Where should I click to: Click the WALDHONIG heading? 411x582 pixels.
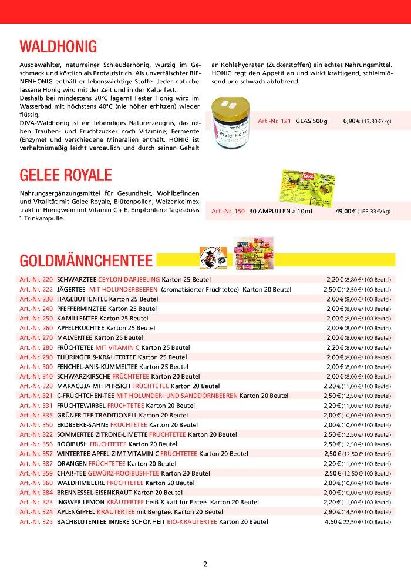58,46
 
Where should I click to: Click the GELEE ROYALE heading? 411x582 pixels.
66,176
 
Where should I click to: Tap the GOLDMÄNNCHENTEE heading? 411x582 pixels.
86,260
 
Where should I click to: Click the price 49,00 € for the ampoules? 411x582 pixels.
345,211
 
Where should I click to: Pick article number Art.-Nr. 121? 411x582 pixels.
274,121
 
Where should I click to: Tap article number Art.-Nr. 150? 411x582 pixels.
228,211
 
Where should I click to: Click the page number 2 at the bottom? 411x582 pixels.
206,564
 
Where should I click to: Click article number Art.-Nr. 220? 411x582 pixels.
36,279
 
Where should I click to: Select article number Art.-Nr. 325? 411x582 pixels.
36,521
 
